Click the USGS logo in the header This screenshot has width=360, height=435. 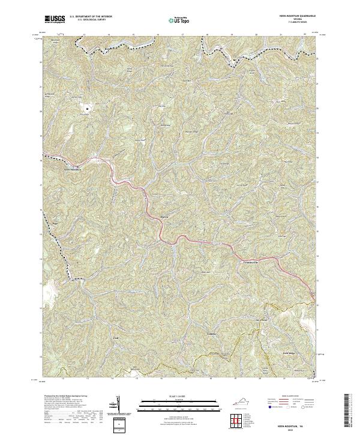pos(55,20)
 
